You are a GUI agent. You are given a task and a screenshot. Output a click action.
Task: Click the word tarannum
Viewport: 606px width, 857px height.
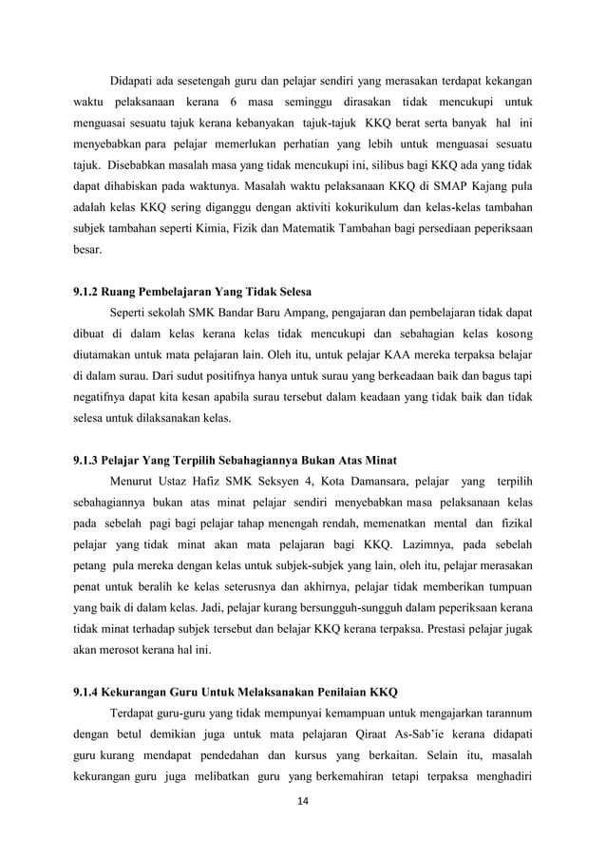pos(502,711)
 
